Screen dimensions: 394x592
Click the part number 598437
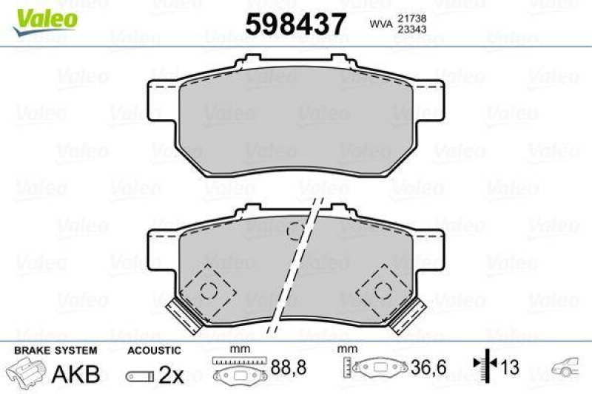point(295,24)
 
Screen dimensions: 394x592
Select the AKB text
point(75,373)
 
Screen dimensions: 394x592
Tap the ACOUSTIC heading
point(154,350)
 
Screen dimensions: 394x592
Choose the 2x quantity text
point(171,374)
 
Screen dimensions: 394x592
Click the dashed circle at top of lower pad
point(296,232)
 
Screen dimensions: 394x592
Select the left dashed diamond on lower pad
point(209,290)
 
